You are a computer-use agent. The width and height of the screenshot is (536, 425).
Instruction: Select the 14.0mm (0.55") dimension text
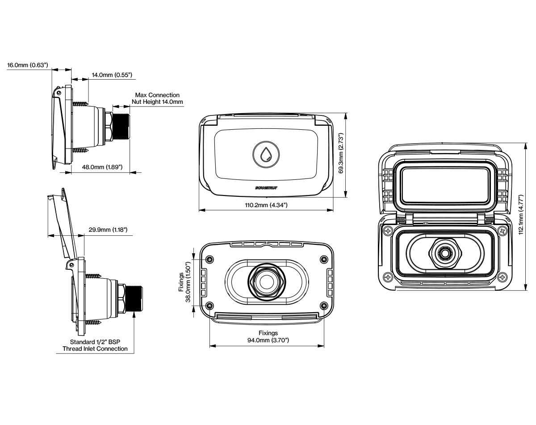coord(112,74)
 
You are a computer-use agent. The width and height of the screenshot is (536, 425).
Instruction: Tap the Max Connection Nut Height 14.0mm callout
coord(158,98)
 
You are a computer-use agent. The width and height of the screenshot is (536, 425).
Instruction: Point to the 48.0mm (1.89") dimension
coord(102,167)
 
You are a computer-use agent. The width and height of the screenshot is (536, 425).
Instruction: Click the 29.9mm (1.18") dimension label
coord(108,229)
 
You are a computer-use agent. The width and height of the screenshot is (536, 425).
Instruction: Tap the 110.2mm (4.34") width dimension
coord(266,205)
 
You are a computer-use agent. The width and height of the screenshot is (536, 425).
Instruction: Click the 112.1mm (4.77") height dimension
coord(520,216)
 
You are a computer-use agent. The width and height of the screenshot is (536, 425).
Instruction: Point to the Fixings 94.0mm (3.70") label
coord(268,336)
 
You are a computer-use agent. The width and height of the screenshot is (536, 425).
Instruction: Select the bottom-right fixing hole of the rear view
coord(324,306)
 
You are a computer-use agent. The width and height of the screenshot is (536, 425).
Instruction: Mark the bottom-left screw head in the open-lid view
coord(387,277)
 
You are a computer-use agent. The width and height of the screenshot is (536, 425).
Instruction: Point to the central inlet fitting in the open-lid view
coord(444,253)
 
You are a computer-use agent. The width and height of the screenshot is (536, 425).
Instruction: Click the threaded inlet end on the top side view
coord(121,126)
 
